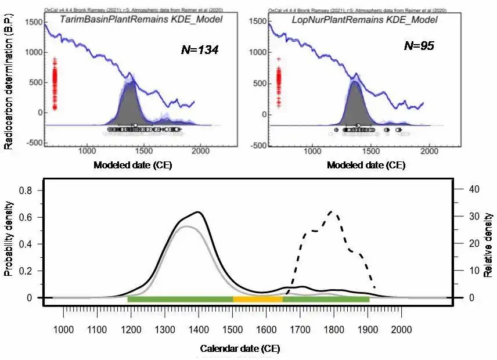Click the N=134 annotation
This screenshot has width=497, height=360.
[199, 50]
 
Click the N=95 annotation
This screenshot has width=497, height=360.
[418, 45]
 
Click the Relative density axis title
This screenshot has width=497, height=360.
[488, 244]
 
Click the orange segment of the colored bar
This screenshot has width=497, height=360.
[258, 299]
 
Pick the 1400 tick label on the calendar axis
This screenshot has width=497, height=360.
[232, 329]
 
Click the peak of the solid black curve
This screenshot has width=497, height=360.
[199, 212]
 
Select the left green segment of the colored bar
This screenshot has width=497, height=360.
[180, 299]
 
